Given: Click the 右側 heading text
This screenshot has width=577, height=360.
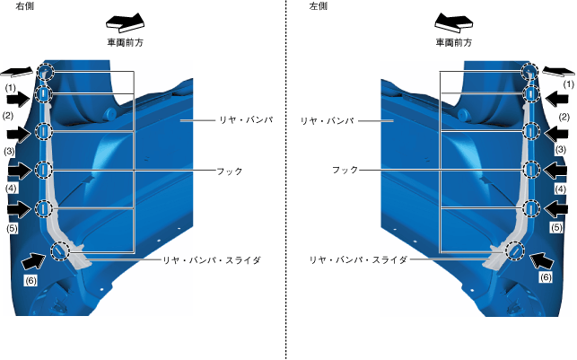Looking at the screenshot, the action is (x=13, y=6).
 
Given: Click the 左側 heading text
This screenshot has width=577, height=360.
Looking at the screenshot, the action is (x=319, y=6).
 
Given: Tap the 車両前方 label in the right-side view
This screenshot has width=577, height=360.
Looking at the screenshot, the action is (x=125, y=41).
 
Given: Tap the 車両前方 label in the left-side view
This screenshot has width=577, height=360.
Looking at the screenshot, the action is (x=453, y=41).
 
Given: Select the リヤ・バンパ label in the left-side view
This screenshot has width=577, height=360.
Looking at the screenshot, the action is (x=327, y=119).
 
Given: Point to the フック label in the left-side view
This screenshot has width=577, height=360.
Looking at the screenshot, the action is (x=345, y=170).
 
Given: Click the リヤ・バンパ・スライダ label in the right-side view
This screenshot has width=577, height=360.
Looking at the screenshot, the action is (x=211, y=259).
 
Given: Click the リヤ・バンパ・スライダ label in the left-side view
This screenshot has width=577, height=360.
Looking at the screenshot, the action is (x=358, y=259).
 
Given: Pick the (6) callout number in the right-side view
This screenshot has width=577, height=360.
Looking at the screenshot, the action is (x=31, y=280).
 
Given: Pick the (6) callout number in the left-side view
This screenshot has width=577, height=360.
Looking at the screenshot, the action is (x=544, y=278).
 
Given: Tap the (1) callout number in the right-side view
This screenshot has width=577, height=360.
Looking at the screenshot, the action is (x=11, y=88).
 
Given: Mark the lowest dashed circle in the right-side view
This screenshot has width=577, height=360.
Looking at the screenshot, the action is (x=60, y=250).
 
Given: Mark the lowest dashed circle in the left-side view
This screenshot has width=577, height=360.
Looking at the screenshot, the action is (x=515, y=250).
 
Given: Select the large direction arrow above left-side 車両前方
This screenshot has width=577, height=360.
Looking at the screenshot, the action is (x=453, y=22).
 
